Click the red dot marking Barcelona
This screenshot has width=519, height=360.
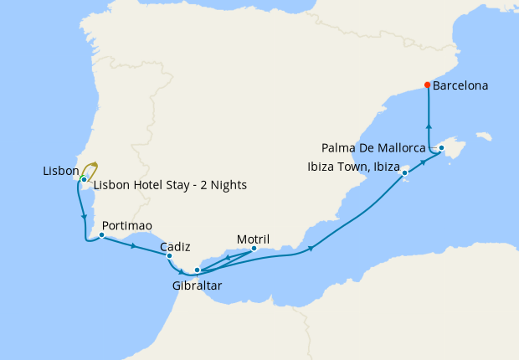tap(428, 85)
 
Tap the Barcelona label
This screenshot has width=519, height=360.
tap(460, 85)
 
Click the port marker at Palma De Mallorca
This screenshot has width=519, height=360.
tap(442, 148)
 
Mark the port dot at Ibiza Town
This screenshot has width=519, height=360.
tap(405, 173)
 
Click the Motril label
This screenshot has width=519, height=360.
tap(253, 238)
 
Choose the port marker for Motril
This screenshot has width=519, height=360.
tap(254, 248)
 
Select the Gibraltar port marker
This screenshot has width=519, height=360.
tap(197, 270)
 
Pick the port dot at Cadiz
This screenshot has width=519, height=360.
tap(169, 256)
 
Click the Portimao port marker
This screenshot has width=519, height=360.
tap(101, 235)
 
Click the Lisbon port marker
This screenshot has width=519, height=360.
tap(84, 179)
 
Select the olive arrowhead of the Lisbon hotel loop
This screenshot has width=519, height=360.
tap(95, 164)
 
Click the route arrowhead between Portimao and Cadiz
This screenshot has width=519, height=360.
tap(134, 246)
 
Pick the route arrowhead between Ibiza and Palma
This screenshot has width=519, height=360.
tap(424, 162)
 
